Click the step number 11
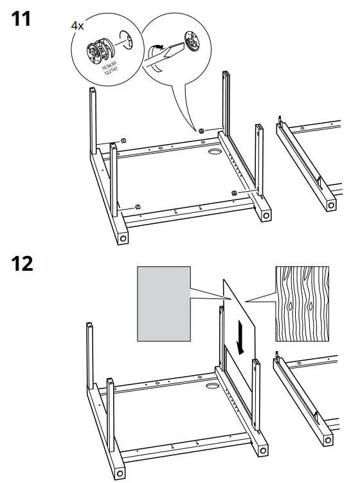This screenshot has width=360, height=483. click(21, 19)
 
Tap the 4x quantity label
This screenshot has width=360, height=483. click(77, 26)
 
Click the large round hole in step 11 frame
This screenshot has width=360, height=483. click(214, 153)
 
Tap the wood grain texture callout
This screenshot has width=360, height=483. click(301, 303)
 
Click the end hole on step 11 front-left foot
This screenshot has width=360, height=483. click(121, 239)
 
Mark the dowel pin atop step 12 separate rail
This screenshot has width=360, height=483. click(278, 354)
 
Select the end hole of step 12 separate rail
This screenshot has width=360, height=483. click(330, 441)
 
